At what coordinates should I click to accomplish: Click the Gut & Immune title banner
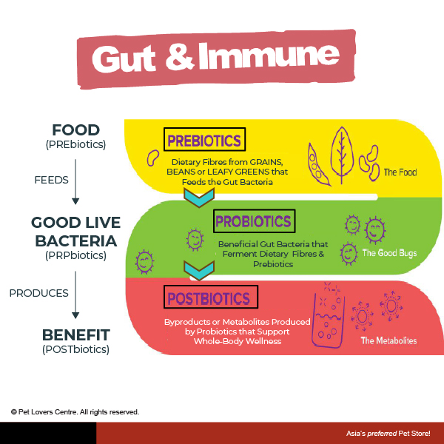(216, 59)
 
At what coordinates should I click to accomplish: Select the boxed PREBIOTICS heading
(204, 139)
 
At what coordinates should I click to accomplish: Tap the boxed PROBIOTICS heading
(254, 221)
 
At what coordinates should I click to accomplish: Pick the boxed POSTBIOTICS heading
(211, 297)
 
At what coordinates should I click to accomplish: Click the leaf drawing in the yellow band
(342, 155)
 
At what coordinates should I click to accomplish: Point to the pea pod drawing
(318, 164)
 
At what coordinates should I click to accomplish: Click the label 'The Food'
(400, 172)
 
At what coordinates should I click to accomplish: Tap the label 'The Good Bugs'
(389, 253)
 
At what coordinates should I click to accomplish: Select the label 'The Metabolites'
(388, 340)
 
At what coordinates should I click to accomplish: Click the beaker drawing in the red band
(329, 320)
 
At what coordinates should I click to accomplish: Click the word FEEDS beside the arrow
(51, 180)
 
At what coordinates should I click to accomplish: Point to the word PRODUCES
(38, 293)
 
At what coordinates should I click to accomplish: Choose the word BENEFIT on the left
(76, 335)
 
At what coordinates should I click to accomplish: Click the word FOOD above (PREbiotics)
(76, 130)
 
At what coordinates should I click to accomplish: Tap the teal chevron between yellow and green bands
(199, 198)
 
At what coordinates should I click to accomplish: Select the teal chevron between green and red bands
(199, 270)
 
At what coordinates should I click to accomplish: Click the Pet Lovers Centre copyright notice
(75, 412)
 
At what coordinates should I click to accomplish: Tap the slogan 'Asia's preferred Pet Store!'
(388, 433)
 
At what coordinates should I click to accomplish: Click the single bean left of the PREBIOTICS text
(152, 158)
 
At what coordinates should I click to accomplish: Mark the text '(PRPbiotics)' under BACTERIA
(76, 255)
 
